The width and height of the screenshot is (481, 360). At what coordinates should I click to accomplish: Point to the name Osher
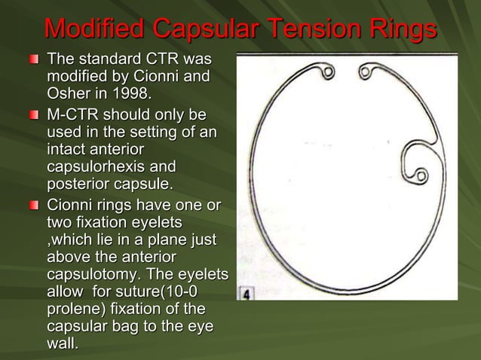[x=69, y=93]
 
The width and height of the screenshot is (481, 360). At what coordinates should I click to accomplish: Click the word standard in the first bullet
[x=118, y=59]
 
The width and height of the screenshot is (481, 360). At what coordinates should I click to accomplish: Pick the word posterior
[x=78, y=184]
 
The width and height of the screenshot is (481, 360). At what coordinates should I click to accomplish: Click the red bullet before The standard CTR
[x=33, y=59]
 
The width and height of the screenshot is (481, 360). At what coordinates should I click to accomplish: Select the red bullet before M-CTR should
[x=33, y=117]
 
